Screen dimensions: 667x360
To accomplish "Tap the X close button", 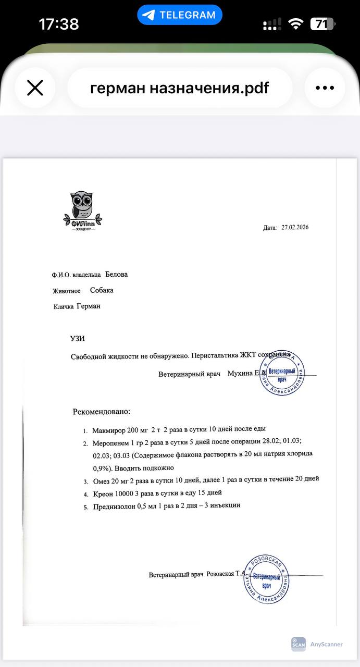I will [x=35, y=88].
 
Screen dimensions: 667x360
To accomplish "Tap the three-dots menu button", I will [x=325, y=88].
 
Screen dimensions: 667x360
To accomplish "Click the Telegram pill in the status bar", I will [x=180, y=15].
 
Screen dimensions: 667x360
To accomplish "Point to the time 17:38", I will [x=59, y=24].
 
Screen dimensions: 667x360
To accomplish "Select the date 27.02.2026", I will [x=295, y=227].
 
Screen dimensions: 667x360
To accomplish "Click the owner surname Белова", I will [x=116, y=274].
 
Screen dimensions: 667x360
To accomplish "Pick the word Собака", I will [x=102, y=290].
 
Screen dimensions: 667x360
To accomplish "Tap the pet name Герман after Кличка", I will [x=89, y=306].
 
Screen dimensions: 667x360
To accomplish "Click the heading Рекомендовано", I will [x=101, y=412].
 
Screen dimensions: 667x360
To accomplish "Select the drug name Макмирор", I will [x=109, y=430].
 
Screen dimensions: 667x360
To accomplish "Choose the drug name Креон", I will [x=103, y=492].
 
